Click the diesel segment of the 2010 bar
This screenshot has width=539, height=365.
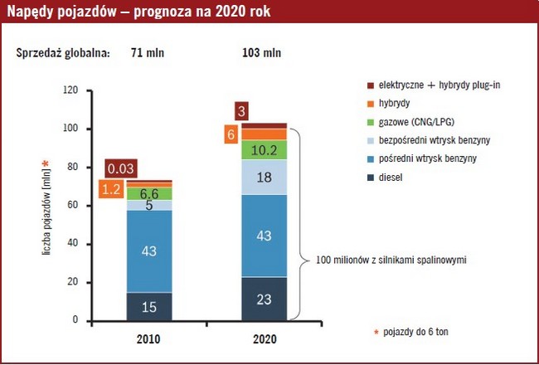[149, 306]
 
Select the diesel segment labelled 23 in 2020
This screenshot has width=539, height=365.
[265, 299]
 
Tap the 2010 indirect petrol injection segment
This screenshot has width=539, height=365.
[149, 251]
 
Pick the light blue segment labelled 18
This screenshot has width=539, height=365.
[265, 177]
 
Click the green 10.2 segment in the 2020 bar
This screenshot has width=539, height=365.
[265, 150]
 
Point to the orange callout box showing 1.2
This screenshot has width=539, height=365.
[111, 189]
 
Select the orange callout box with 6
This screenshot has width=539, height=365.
[231, 134]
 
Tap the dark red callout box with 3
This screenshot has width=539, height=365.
[240, 111]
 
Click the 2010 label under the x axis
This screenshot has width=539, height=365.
[149, 338]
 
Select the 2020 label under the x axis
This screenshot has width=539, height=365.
[265, 338]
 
